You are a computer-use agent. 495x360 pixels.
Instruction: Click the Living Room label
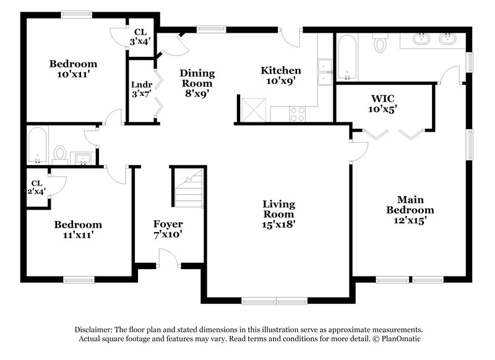click(x=278, y=214)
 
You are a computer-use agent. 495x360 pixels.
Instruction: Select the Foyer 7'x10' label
click(x=168, y=229)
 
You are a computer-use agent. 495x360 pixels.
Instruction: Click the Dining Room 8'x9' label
click(x=197, y=84)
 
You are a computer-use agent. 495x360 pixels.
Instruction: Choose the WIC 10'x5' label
click(x=384, y=103)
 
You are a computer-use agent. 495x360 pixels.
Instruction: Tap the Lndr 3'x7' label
click(x=139, y=90)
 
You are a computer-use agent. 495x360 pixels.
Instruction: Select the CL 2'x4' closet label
click(x=37, y=187)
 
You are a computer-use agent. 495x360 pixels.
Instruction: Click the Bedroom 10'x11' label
click(x=73, y=69)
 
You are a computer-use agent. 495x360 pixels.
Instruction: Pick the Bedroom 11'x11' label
click(x=77, y=229)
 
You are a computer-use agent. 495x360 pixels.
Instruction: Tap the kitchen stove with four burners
click(x=297, y=114)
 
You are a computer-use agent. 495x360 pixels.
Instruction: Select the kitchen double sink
click(x=324, y=72)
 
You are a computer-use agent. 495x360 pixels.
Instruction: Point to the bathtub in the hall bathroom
click(x=38, y=145)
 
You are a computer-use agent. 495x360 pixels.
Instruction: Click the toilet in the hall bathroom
click(x=60, y=152)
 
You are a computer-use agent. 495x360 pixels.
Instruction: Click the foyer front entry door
click(x=168, y=258)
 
